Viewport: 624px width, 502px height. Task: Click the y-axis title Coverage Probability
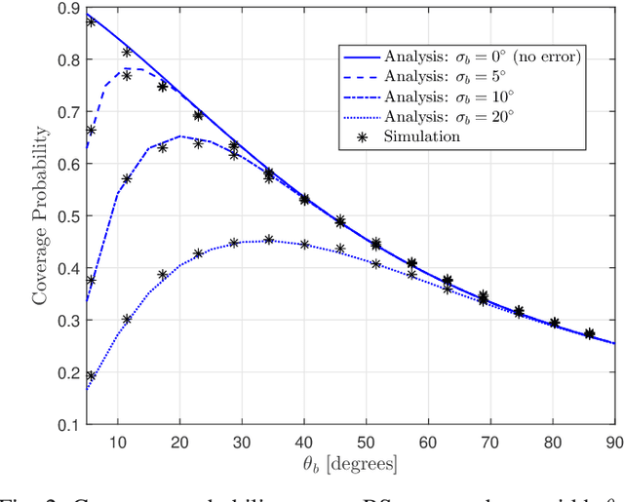40,216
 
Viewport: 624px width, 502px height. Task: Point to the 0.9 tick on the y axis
69,8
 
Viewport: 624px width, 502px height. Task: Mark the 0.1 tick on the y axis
69,425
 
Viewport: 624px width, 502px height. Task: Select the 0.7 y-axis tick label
69,112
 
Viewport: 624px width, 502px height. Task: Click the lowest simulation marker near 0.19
91,375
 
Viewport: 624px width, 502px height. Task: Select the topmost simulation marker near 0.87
91,20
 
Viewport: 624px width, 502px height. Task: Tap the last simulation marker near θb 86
589,334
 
